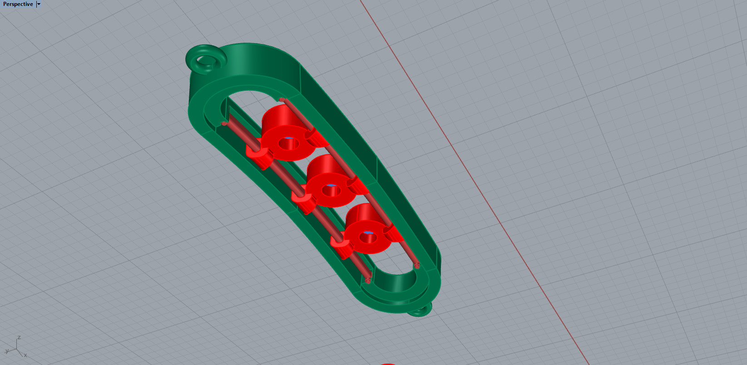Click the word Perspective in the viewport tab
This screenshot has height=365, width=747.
18,4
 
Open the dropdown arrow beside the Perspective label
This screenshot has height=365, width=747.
39,4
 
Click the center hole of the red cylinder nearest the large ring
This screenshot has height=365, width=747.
289,143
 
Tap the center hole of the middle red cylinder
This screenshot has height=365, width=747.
331,190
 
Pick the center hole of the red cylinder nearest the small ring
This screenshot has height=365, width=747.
368,237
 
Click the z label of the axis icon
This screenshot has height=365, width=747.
19,338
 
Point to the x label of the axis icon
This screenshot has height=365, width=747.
25,355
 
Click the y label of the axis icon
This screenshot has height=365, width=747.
7,351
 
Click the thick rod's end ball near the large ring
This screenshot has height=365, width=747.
224,123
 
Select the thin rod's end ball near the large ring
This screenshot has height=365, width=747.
282,99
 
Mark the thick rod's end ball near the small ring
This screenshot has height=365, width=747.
368,281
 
